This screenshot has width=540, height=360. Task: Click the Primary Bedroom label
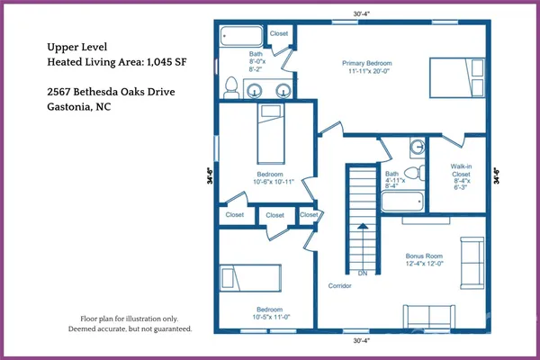367,63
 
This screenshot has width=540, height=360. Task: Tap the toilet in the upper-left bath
231,87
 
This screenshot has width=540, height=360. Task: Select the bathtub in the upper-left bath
241,36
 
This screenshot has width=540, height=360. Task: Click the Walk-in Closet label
461,170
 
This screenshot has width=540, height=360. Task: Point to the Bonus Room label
424,256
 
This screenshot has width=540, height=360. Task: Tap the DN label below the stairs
363,274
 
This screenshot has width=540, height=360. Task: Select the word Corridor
339,285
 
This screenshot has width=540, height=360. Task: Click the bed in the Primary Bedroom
457,77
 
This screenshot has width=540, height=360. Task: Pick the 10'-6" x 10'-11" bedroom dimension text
274,182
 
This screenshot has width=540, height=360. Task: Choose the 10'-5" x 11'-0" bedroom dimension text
271,317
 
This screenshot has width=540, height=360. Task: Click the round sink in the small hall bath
418,147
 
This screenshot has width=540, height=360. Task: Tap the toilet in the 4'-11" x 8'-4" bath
415,173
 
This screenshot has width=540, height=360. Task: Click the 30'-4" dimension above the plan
361,13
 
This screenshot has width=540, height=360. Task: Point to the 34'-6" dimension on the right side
496,175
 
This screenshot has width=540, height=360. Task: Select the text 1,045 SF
166,62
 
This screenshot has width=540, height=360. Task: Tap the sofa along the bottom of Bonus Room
429,316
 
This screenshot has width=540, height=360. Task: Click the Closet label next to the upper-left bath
279,33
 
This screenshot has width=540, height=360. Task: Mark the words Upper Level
77,47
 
